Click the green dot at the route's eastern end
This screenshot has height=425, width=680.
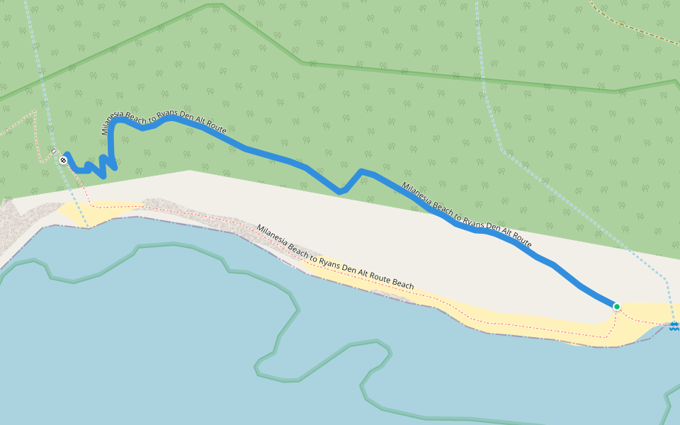(616, 307)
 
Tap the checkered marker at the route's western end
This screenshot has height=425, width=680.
(63, 161)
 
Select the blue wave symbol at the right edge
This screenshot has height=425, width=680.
(674, 327)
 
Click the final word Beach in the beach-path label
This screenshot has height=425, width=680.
(402, 284)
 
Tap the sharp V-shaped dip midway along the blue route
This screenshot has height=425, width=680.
(341, 191)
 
